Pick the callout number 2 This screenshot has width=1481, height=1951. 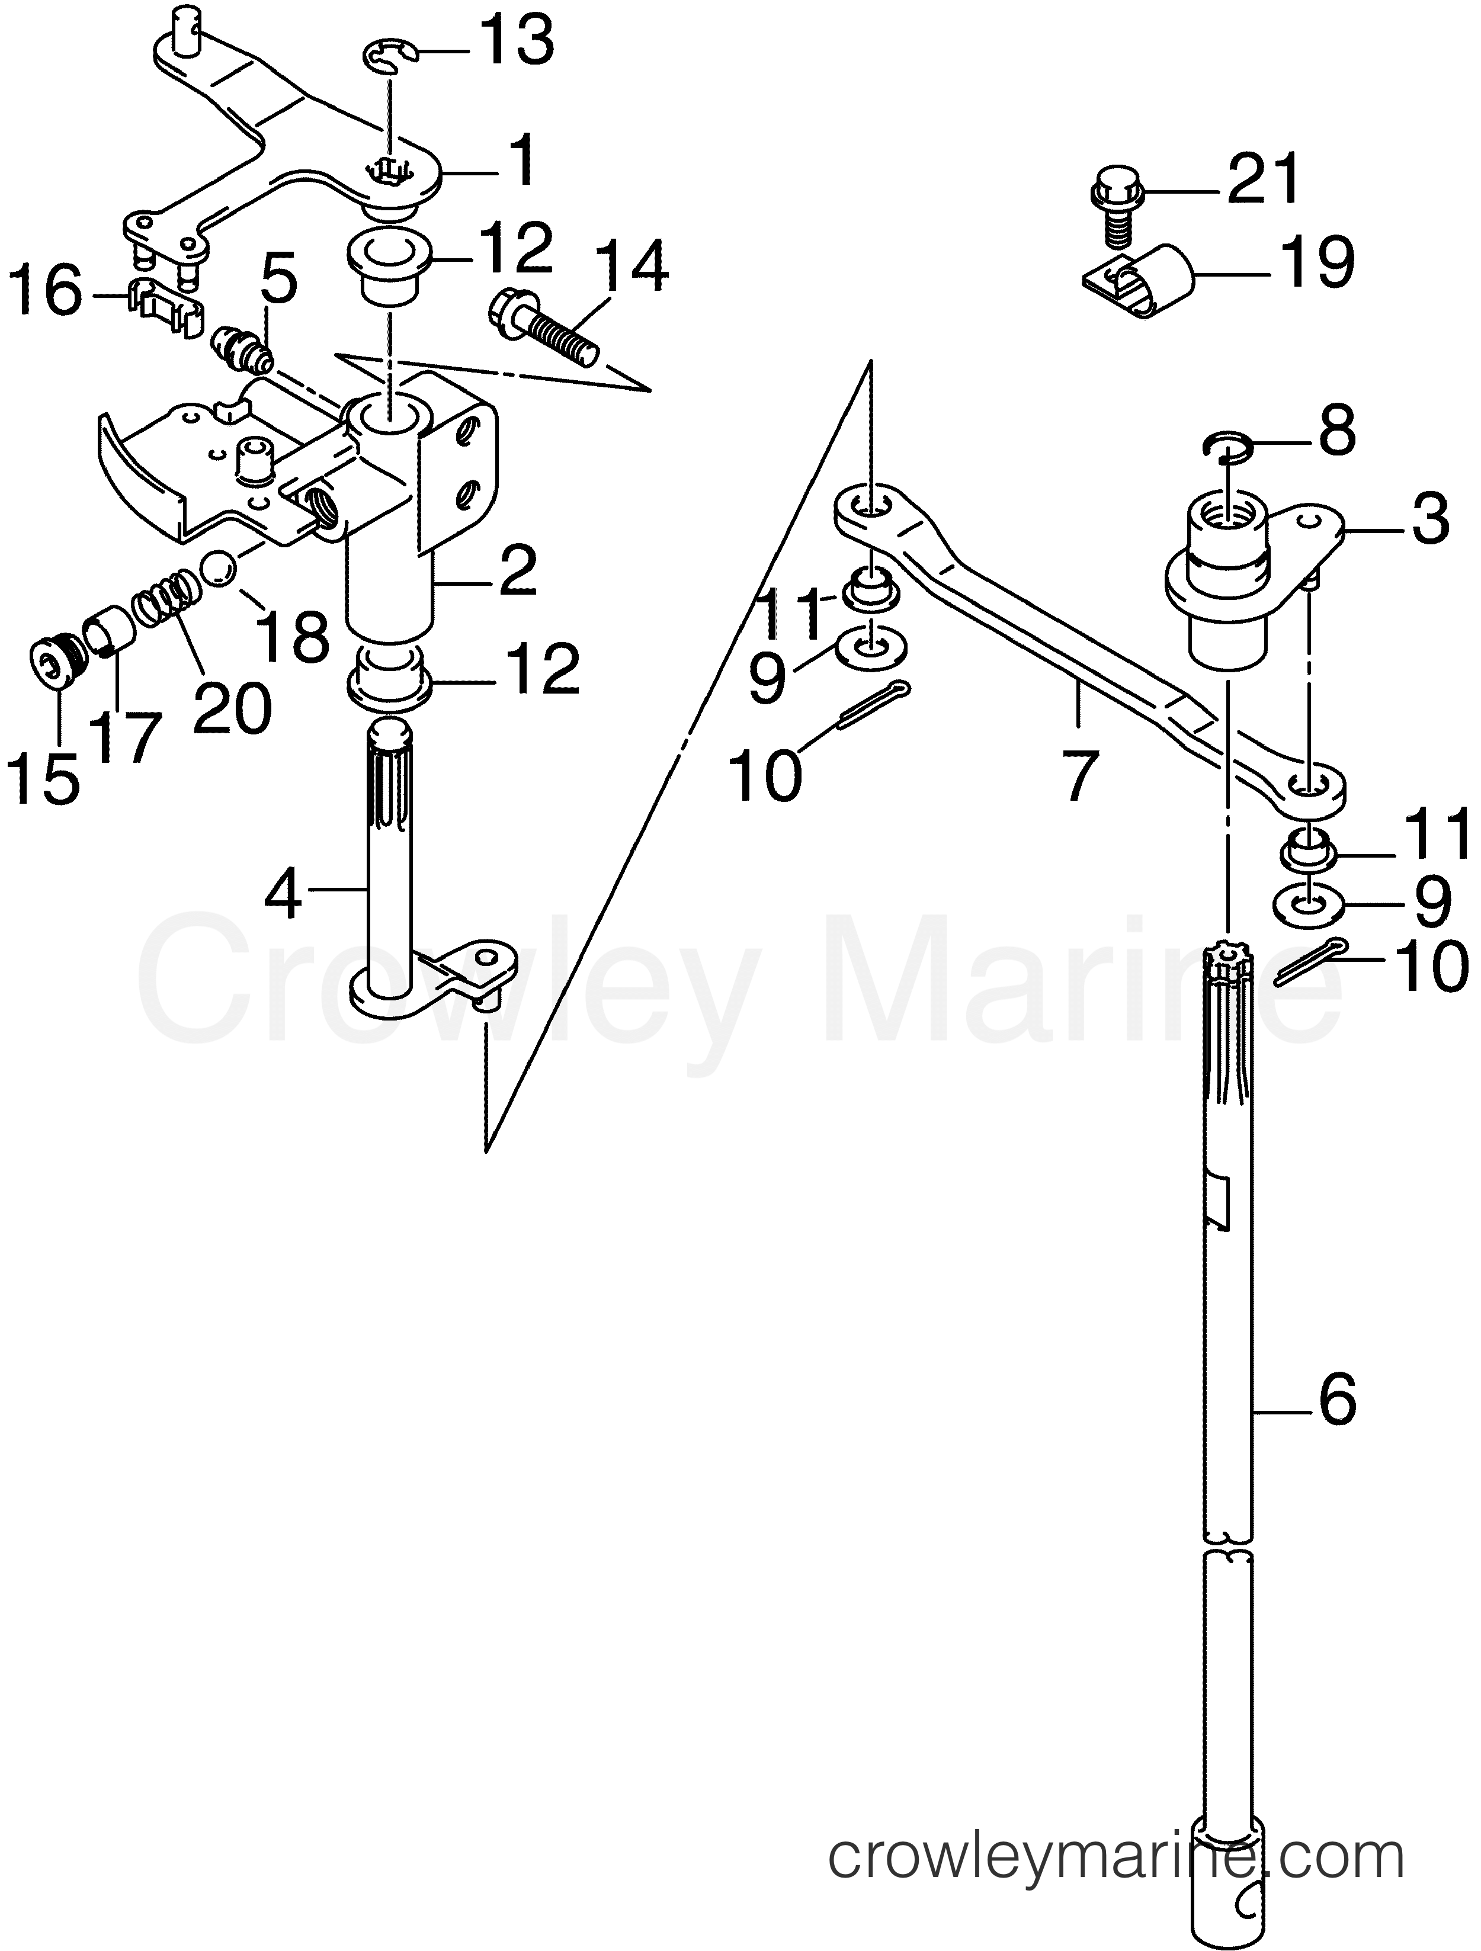512,572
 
